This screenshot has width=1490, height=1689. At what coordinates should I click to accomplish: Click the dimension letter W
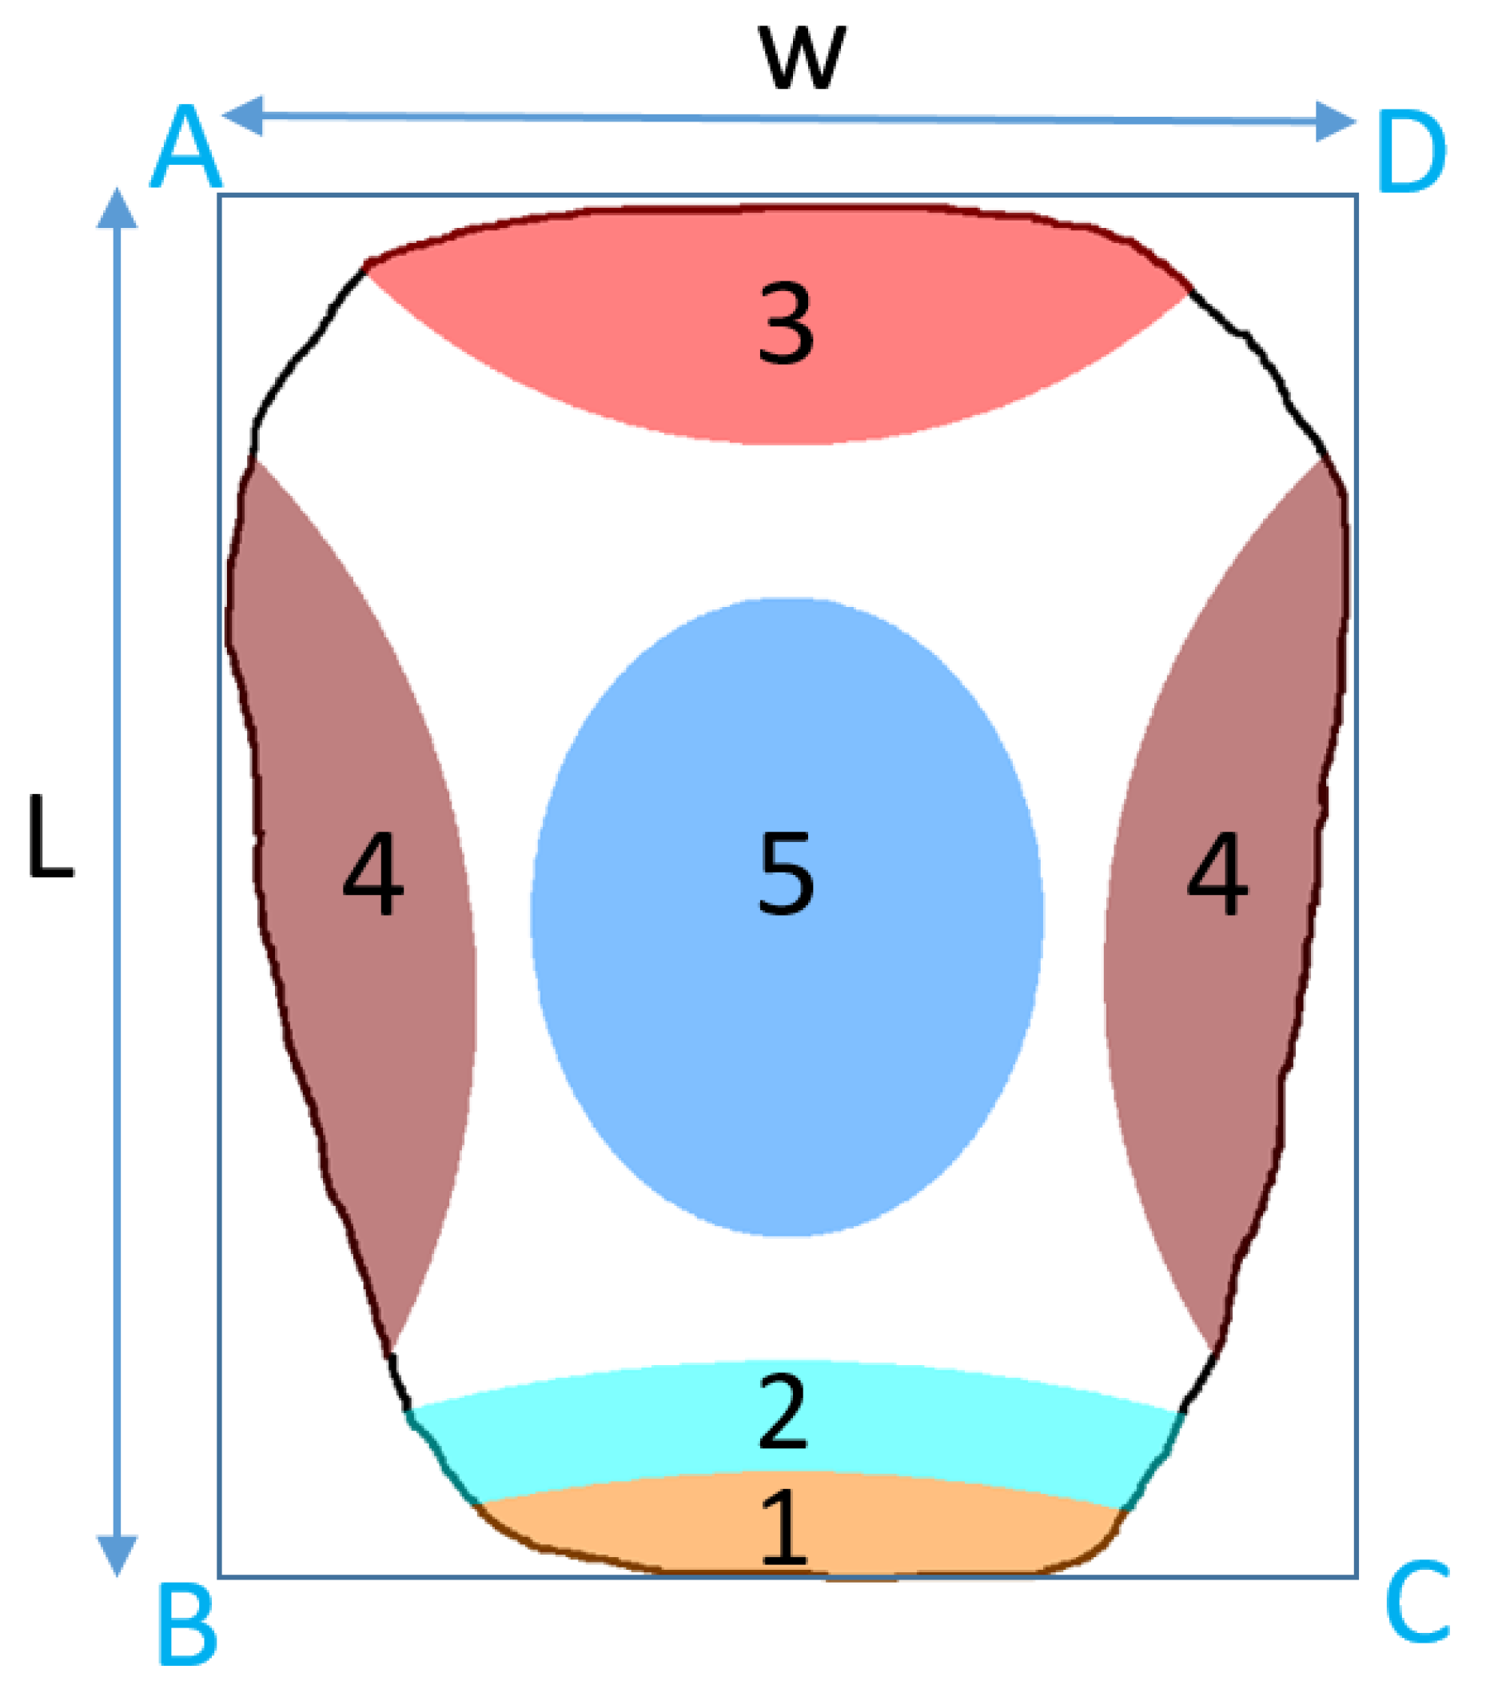pyautogui.click(x=802, y=58)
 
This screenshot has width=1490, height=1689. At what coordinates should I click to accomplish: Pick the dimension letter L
pyautogui.click(x=50, y=836)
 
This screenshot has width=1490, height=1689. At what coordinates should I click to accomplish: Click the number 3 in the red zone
pyautogui.click(x=786, y=323)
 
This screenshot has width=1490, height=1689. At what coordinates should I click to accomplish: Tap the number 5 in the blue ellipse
pyautogui.click(x=786, y=873)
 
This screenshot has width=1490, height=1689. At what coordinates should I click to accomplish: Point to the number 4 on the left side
pyautogui.click(x=373, y=873)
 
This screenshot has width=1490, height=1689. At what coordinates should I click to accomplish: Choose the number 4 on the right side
pyautogui.click(x=1217, y=873)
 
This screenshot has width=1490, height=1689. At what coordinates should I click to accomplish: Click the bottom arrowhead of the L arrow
pyautogui.click(x=117, y=1555)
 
